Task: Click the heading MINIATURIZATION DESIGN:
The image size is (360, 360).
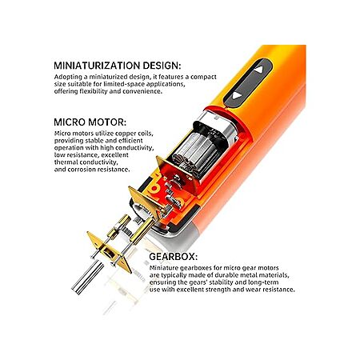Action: coord(118,66)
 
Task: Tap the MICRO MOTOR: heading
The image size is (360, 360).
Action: coord(90,122)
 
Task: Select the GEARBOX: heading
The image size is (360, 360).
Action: coord(174,257)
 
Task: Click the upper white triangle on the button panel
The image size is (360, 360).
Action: coord(258,70)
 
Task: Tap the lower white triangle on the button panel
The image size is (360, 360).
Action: coord(237,95)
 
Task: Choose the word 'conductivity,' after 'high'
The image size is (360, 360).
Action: coord(134,148)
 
